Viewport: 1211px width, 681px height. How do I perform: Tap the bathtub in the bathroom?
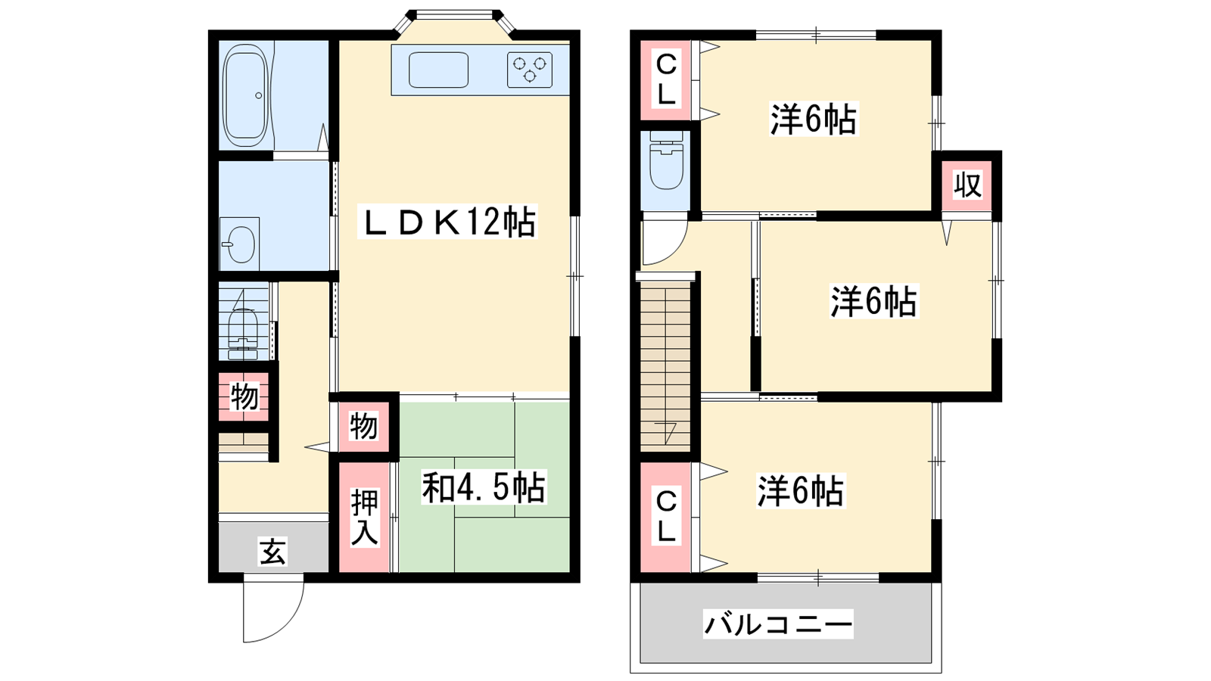pos(246,95)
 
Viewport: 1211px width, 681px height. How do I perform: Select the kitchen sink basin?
pos(438,70)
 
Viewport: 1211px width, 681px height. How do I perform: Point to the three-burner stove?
pos(529,70)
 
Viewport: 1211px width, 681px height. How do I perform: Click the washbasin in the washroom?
pos(239,244)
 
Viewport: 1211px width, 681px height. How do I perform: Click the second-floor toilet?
pos(667,160)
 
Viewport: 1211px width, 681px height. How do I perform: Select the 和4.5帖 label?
pos(484,487)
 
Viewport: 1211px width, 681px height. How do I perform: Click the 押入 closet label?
pos(364,518)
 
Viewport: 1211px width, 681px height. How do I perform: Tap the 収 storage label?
pos(967,186)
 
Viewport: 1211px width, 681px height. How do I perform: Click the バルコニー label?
pos(778,623)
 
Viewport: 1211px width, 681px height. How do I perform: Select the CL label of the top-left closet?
pos(666,81)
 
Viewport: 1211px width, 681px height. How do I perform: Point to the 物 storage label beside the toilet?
pos(244,397)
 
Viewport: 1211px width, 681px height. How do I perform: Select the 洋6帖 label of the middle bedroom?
pos(873,301)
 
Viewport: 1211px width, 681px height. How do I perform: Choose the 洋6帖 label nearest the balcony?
pos(800,491)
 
